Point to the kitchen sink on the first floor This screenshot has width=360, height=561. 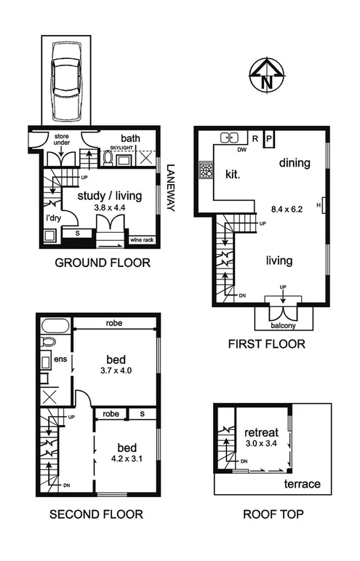click(231, 137)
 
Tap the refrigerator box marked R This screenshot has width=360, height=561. click(255, 137)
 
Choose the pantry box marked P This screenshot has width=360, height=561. click(268, 137)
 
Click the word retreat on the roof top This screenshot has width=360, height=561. click(259, 428)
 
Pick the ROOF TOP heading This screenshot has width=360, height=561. click(273, 514)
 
